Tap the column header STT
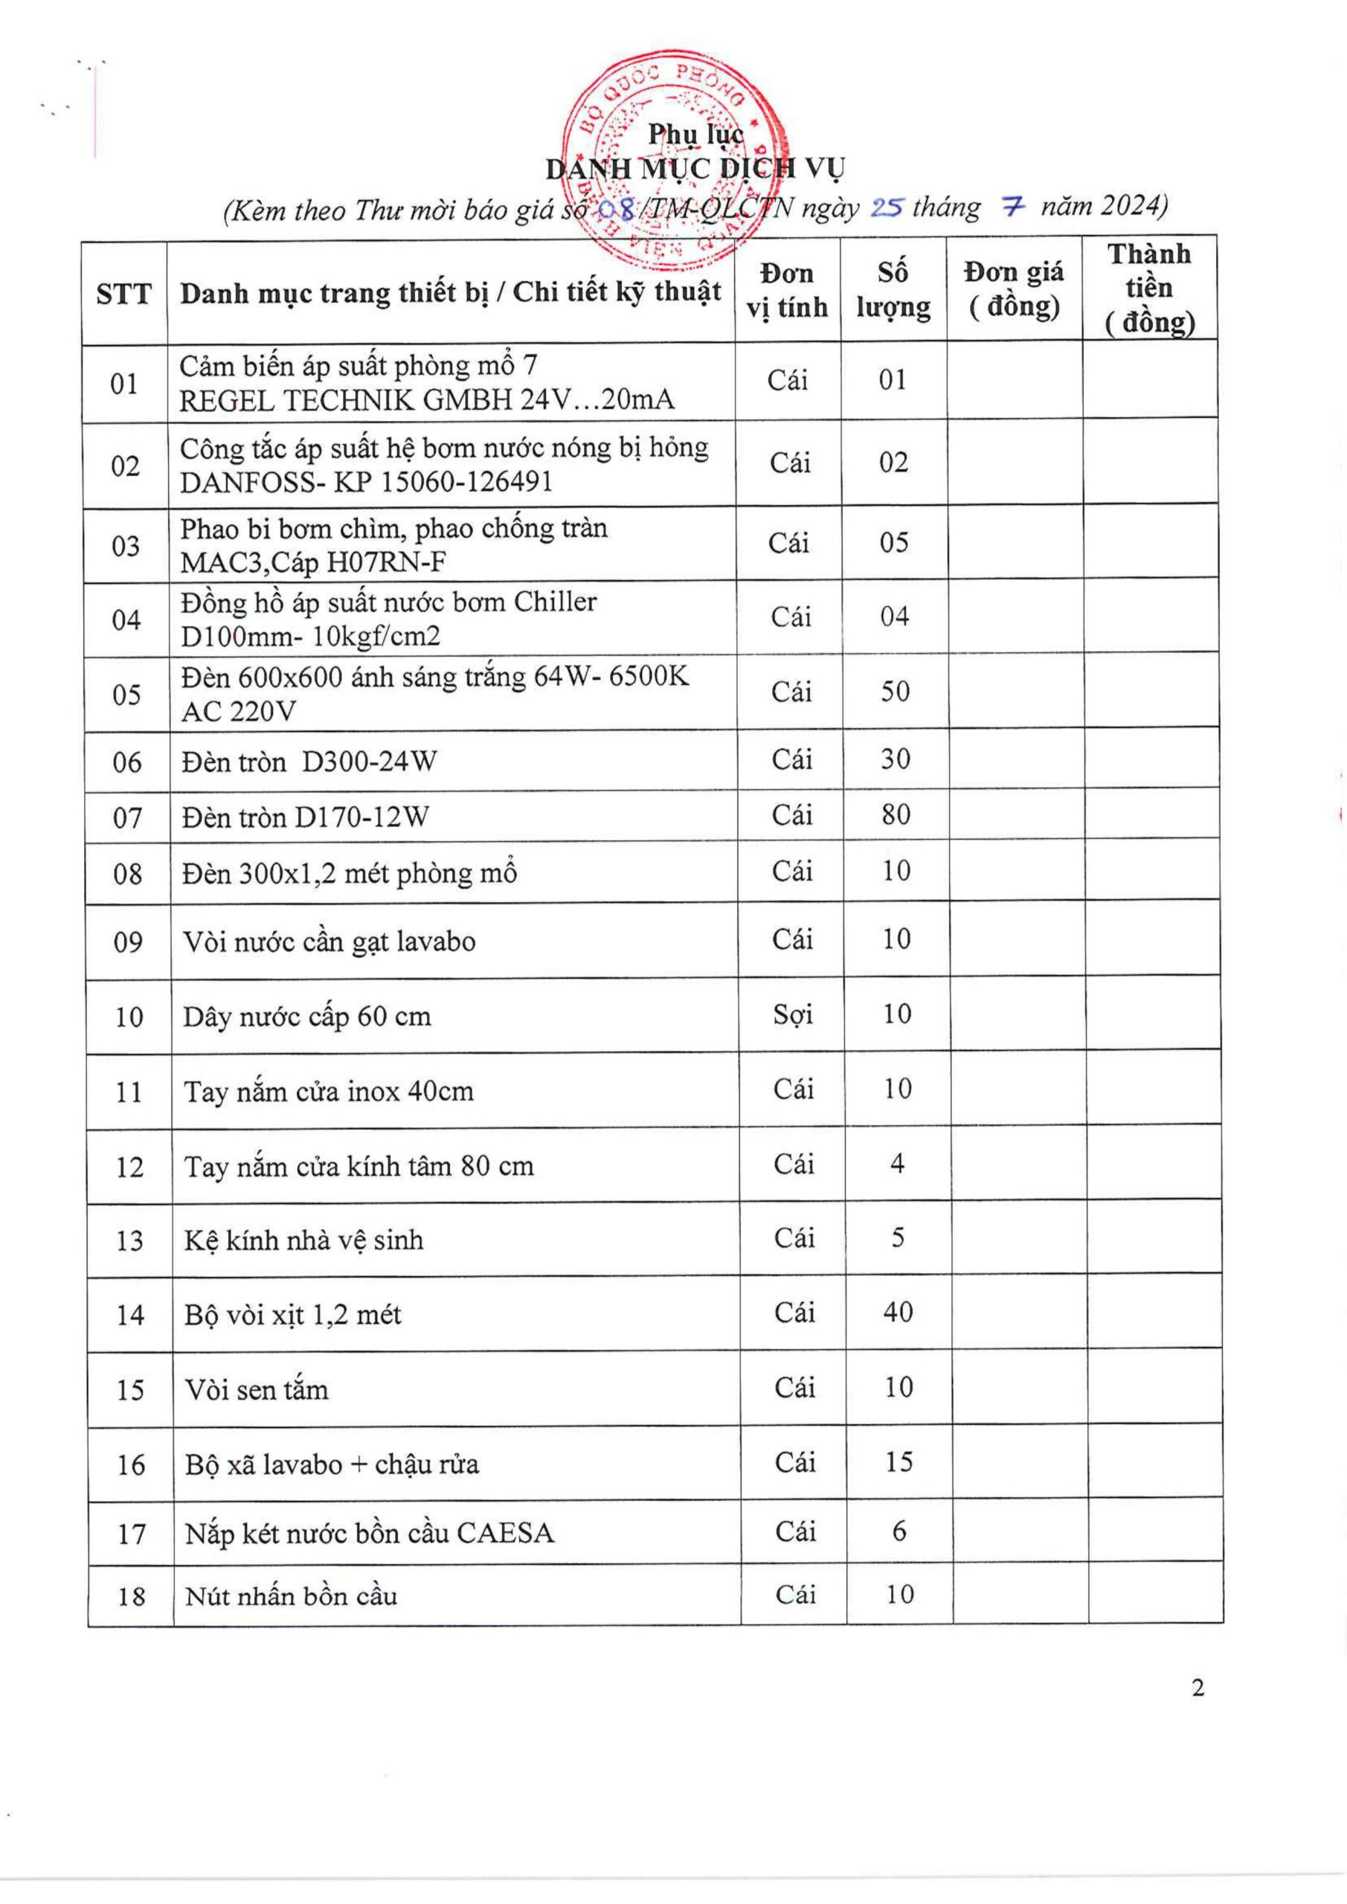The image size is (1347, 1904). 123,294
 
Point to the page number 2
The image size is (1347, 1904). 1197,1688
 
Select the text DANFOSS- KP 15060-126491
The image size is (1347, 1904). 366,483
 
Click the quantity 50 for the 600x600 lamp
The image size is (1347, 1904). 895,692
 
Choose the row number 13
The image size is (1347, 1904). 130,1241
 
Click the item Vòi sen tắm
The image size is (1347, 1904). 257,1390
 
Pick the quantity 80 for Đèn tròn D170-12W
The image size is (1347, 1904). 896,815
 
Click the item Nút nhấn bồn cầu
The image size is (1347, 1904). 291,1596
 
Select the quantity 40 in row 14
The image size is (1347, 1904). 898,1312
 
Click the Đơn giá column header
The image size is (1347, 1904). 1014,289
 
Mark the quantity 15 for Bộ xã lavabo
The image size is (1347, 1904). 898,1462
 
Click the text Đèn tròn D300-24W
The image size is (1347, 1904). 309,762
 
